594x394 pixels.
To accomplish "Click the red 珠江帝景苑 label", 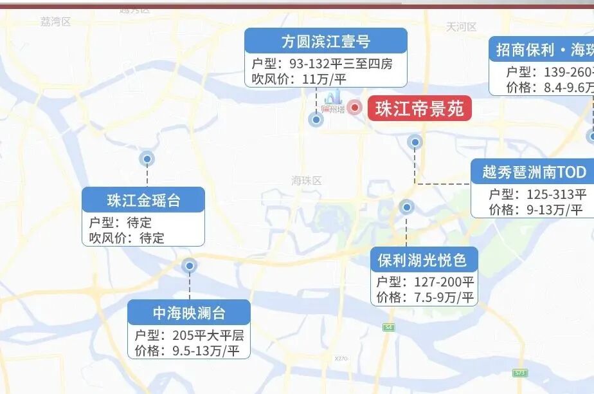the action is point(419,108).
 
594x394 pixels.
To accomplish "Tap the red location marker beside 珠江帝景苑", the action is point(354,107).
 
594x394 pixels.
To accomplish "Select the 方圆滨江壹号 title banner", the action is point(325,41).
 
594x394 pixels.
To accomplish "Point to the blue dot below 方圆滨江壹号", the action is point(316,119).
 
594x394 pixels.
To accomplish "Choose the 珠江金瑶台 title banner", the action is point(143,200).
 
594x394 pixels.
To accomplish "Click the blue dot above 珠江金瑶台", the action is point(147,158).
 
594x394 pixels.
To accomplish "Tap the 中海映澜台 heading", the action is point(189,313).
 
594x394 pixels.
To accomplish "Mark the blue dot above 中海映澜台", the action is point(189,265).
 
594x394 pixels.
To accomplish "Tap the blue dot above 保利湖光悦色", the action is point(406,207).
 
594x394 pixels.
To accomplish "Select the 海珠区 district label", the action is point(306,181).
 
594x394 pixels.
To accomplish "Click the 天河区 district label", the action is point(462,26).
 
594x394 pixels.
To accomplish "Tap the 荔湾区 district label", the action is point(55,21).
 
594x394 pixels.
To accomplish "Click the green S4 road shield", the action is point(388,328).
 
